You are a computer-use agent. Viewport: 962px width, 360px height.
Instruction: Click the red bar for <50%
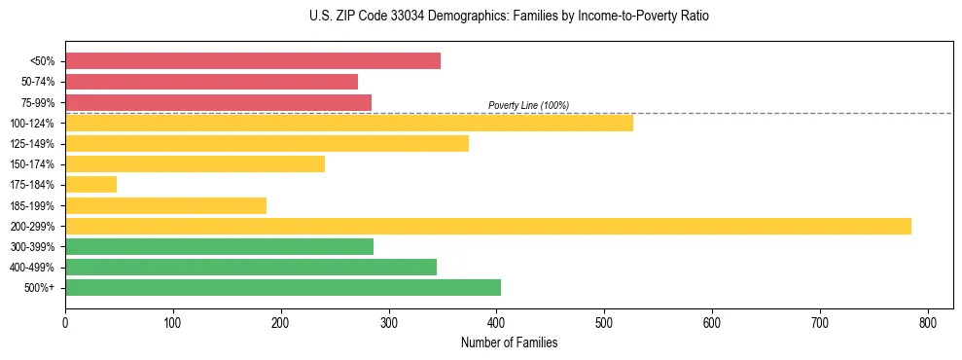pyautogui.click(x=253, y=61)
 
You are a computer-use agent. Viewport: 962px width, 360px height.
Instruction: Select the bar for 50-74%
pyautogui.click(x=211, y=82)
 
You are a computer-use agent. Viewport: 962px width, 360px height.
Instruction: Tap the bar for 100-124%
pyautogui.click(x=349, y=123)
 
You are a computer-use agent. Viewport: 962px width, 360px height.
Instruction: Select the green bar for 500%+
pyautogui.click(x=283, y=288)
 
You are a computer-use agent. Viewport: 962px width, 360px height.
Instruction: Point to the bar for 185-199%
pyautogui.click(x=165, y=205)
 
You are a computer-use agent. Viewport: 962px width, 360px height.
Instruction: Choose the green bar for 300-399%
pyautogui.click(x=219, y=247)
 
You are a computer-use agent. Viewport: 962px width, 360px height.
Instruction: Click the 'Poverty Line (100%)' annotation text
pyautogui.click(x=528, y=105)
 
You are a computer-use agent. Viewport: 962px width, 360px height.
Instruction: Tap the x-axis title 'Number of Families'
pyautogui.click(x=509, y=342)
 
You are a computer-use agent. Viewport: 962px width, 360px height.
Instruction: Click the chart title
pyautogui.click(x=502, y=17)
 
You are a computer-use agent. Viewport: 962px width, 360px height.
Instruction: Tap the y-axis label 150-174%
pyautogui.click(x=34, y=164)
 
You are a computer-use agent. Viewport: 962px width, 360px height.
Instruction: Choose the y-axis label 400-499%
pyautogui.click(x=34, y=268)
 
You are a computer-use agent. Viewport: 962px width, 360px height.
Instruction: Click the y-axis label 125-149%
pyautogui.click(x=34, y=144)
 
